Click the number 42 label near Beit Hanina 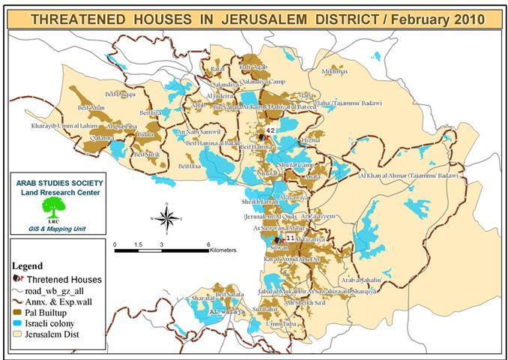pyautogui.click(x=270, y=130)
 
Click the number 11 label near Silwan pyautogui.click(x=291, y=238)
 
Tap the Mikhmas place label pyautogui.click(x=334, y=72)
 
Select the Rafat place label pyautogui.click(x=218, y=69)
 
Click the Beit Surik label pyautogui.click(x=147, y=154)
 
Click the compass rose pyautogui.click(x=169, y=218)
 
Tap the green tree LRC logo pyautogui.click(x=52, y=208)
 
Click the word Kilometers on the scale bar pyautogui.click(x=223, y=249)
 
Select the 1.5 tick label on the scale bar pyautogui.click(x=138, y=245)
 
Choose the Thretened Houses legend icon pyautogui.click(x=18, y=279)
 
